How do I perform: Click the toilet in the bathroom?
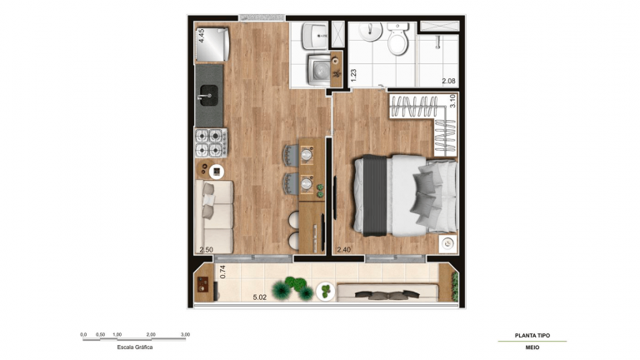pos(397,40)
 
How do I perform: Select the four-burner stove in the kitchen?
pos(211,142)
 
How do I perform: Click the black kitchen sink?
pos(208,93)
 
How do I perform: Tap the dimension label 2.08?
pos(447,81)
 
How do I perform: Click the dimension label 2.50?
pos(205,249)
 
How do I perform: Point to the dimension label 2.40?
pos(342,249)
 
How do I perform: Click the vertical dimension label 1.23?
pos(353,74)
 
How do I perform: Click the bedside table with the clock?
pos(447,243)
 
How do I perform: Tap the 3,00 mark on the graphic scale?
pos(185,334)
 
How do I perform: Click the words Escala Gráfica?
pos(134,347)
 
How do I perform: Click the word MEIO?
pos(532,347)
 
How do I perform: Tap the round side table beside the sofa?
pos(216,171)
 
